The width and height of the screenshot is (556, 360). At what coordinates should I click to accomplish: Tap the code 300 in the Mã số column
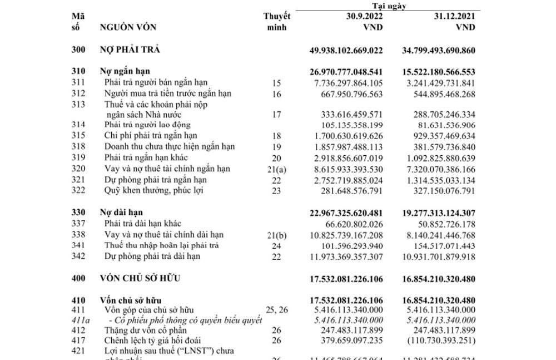pos(78,50)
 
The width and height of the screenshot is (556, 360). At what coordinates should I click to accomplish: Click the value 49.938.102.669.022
pos(346,51)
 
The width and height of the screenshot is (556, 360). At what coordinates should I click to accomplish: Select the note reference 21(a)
pos(276,169)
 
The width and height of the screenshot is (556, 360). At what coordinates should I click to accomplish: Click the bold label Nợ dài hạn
pos(121,212)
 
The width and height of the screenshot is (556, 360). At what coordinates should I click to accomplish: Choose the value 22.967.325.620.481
pos(346,213)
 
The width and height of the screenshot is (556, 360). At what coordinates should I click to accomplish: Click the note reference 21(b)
pos(276,235)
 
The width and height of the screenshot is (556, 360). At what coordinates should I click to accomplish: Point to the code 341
pos(78,246)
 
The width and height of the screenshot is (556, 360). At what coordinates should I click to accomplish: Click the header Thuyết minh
pos(276,21)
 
